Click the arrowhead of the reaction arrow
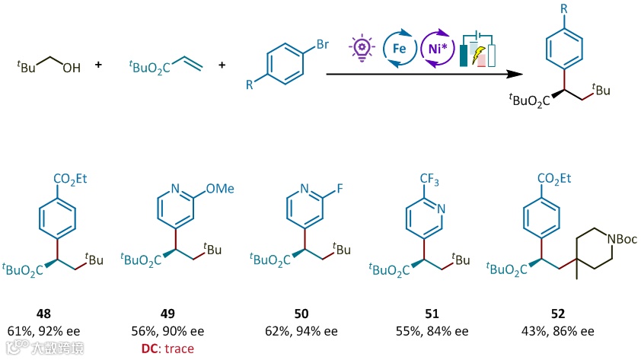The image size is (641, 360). coord(521,75)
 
